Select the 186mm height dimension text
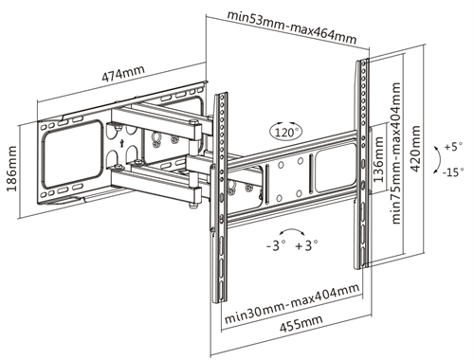pos(12,169)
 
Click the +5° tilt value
pos(454,147)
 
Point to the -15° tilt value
pos(455,171)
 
